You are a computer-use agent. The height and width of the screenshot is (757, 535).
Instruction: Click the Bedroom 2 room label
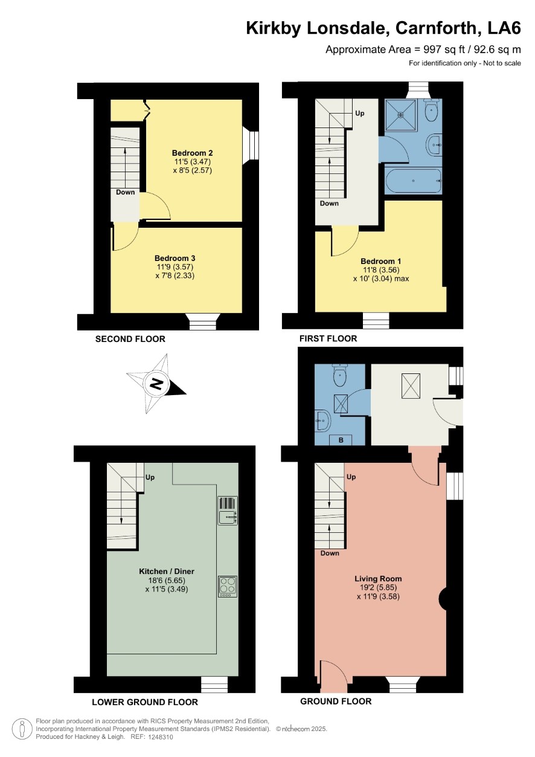(x=192, y=153)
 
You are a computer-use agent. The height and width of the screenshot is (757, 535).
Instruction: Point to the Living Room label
(x=378, y=579)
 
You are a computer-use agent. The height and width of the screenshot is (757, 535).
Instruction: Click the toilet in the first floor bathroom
(x=431, y=111)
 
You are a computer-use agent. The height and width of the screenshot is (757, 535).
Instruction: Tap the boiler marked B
(x=341, y=440)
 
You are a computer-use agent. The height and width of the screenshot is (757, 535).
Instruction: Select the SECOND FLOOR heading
(x=130, y=339)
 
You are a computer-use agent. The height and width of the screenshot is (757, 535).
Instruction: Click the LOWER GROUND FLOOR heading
(x=145, y=702)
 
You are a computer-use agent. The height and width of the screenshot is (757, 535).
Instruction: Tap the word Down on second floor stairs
(x=126, y=193)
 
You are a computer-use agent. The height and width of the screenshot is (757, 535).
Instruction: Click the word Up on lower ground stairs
(x=150, y=477)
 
